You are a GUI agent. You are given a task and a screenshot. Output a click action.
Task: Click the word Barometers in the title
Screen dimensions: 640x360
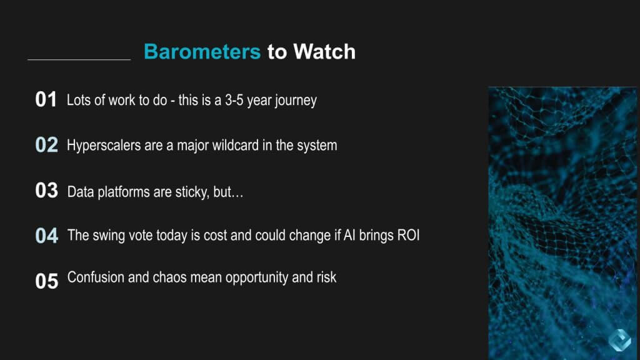[202, 52]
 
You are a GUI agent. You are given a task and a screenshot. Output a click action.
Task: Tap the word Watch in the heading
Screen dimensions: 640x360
[324, 52]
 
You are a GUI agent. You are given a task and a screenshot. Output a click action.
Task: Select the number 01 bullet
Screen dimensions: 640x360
[46, 99]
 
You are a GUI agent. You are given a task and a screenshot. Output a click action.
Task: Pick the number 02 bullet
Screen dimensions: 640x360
[46, 145]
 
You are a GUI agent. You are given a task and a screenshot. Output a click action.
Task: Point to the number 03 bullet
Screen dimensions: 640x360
[46, 191]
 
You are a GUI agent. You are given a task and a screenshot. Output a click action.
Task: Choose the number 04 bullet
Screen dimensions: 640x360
[46, 236]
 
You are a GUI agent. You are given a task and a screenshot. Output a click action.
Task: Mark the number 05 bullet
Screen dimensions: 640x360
[46, 281]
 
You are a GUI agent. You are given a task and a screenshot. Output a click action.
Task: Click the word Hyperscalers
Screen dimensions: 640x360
[104, 146]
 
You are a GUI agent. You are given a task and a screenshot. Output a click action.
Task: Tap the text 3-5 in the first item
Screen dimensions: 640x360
[234, 100]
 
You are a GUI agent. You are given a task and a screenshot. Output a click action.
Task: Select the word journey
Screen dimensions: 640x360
[296, 101]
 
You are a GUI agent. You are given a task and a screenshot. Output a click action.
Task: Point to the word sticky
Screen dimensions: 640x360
[192, 192]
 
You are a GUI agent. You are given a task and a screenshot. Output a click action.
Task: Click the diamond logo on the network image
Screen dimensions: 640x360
[619, 340]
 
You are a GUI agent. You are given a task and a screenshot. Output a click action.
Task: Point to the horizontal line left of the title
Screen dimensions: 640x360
[79, 59]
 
